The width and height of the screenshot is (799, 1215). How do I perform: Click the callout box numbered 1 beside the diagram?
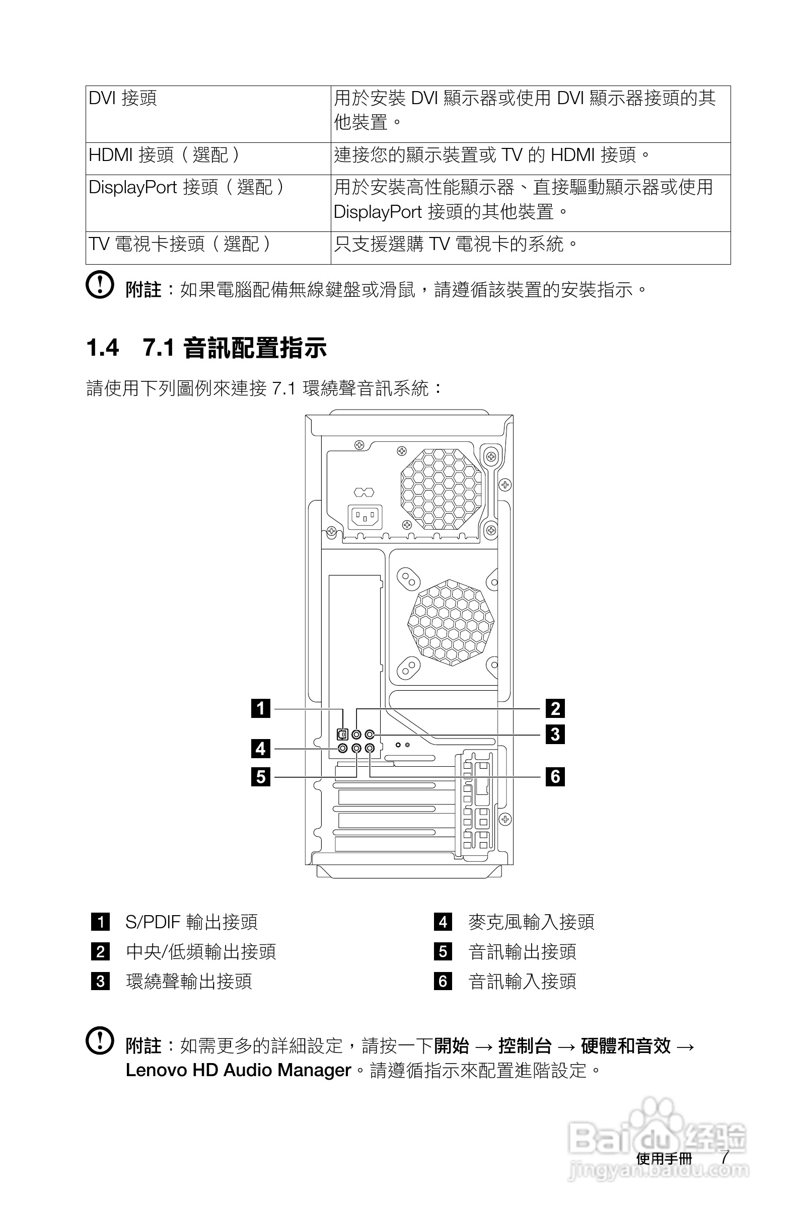pos(261,708)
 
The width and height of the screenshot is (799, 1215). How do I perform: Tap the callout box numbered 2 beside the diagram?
pos(555,708)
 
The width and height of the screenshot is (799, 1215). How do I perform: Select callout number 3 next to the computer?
pos(555,734)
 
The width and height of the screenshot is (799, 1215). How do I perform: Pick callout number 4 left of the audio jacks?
pos(261,749)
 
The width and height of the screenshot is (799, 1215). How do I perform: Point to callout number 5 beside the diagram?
pos(261,776)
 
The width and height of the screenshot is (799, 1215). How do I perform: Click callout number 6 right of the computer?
pos(555,776)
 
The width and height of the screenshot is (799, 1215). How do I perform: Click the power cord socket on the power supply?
pos(365,518)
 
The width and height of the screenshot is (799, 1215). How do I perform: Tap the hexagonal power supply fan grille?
pos(441,489)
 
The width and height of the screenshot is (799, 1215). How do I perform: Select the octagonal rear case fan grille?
pos(451,622)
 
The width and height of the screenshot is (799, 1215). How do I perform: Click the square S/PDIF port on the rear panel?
pos(342,735)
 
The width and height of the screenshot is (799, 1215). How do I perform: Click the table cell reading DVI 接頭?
pos(123,98)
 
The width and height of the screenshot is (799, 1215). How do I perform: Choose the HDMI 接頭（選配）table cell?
pos(164,154)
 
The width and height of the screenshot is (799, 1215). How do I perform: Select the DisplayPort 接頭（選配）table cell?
pos(186,187)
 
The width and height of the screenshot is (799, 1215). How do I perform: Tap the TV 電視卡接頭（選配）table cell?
pos(179,244)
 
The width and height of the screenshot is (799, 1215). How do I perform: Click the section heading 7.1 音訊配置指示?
pos(235,348)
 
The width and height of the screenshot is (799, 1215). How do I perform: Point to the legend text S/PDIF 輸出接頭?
pos(192,922)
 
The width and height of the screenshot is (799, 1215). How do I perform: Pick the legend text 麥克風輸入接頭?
pos(531,922)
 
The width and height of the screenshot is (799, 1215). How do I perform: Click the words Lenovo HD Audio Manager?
pos(239,1070)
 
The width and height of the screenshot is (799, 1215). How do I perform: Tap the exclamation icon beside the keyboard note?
pos(99,284)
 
